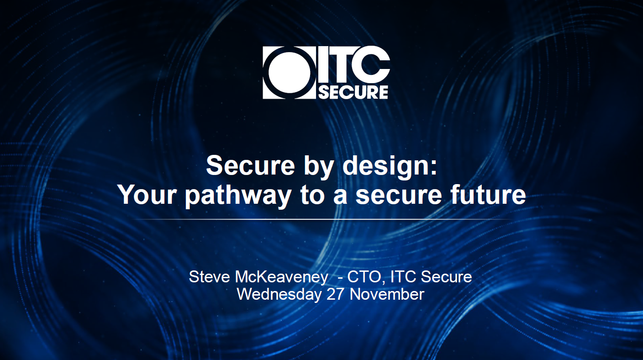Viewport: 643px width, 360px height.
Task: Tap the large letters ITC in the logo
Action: (353, 66)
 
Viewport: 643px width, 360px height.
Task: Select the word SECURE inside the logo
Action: (353, 92)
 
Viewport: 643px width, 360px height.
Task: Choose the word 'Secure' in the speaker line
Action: (446, 277)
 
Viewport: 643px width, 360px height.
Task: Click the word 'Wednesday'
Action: (279, 294)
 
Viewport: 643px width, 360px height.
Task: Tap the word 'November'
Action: (387, 294)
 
